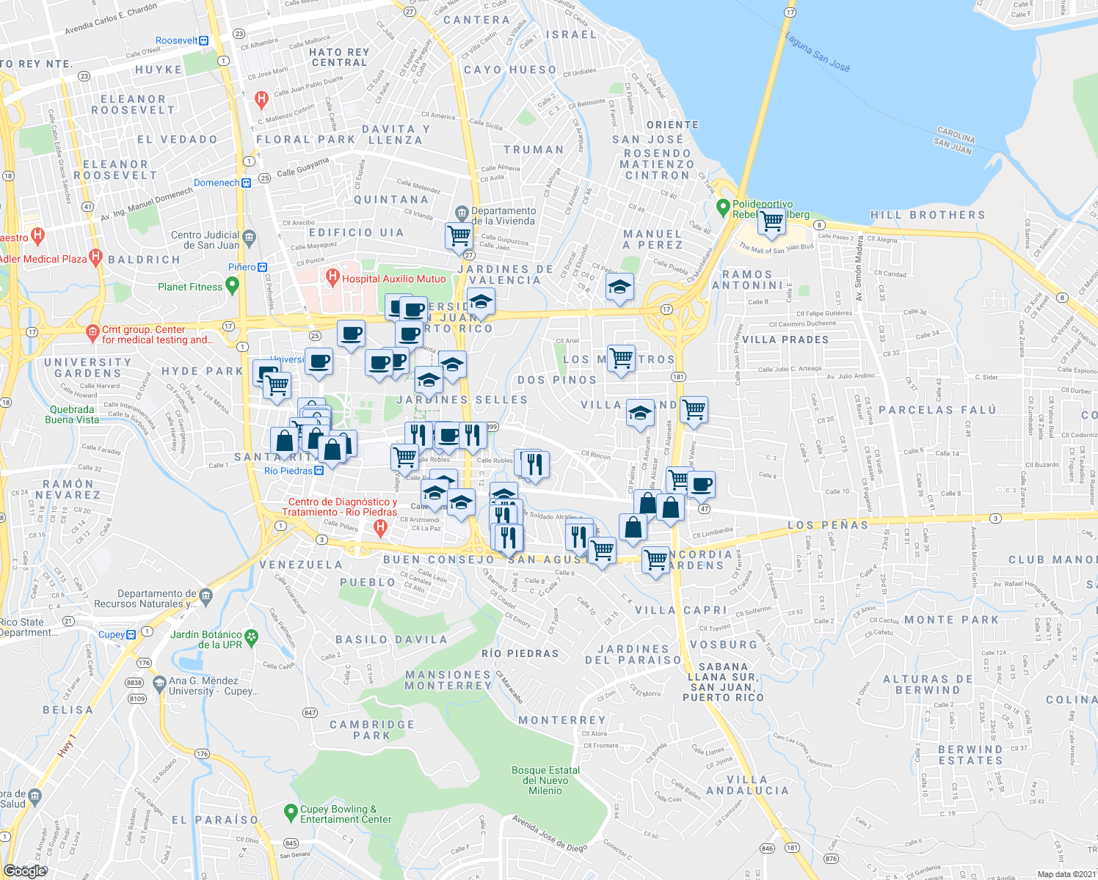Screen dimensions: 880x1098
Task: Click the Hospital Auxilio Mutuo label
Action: click(393, 279)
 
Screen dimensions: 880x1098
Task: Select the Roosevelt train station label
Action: click(177, 41)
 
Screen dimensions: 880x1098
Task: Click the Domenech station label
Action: click(217, 183)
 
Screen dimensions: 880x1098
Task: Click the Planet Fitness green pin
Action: click(233, 285)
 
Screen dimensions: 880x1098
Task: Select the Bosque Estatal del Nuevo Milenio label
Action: click(545, 780)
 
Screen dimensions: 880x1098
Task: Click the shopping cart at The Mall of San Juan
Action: click(771, 221)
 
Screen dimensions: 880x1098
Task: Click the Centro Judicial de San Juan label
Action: click(206, 240)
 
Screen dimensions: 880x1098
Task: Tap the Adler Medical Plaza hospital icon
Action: click(95, 257)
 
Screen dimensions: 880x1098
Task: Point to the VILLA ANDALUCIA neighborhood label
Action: click(747, 785)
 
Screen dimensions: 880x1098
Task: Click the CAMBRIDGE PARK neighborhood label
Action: click(372, 730)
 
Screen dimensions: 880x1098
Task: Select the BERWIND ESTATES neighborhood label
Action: click(970, 755)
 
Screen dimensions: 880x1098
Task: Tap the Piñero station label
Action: click(241, 267)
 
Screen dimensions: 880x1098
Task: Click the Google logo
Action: click(24, 870)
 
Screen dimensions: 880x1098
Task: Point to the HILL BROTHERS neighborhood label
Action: click(928, 215)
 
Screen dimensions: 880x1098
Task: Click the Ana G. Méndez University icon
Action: click(159, 684)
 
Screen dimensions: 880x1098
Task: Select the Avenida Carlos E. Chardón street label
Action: click(111, 19)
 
